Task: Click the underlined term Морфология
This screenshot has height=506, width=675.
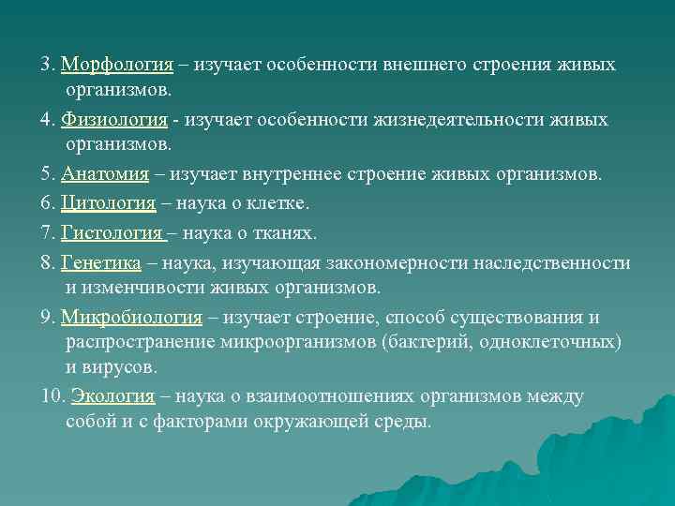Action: coord(117,65)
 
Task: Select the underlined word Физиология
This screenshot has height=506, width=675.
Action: coord(114,120)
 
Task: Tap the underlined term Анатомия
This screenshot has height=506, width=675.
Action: coord(105,174)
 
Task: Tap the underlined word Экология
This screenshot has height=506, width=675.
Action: coord(106,396)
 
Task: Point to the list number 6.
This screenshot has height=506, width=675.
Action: coord(48,202)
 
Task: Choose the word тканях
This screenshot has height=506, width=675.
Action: coord(287,231)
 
